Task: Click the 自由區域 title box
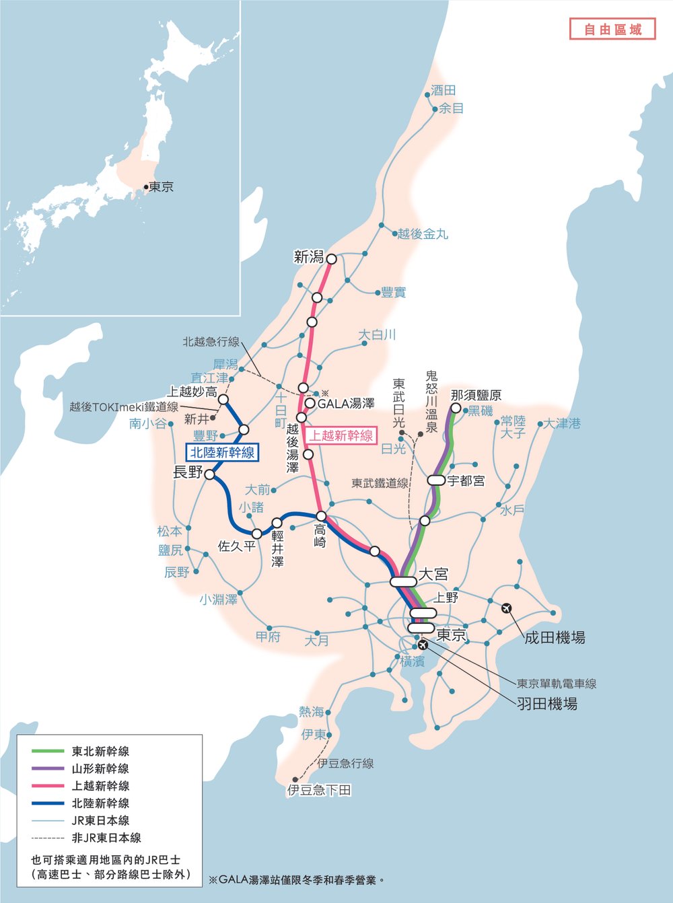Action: point(612,29)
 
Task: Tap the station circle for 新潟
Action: point(331,258)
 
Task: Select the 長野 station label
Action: point(188,472)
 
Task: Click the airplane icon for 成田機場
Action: point(507,608)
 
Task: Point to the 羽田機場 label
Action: point(546,704)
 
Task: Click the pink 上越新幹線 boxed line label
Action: point(341,435)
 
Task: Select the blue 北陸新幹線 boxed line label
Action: point(222,453)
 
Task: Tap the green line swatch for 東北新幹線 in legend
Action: point(48,751)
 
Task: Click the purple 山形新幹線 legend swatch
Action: point(48,768)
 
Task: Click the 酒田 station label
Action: point(444,90)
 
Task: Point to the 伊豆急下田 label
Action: point(319,790)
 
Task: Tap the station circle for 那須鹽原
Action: point(456,408)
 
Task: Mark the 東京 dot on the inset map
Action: point(145,187)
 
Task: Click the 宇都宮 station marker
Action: point(436,480)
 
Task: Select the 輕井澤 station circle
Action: point(277,523)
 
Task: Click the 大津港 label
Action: point(562,424)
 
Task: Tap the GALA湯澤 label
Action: point(346,404)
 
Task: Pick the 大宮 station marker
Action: point(403,581)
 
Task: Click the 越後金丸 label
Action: point(422,234)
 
